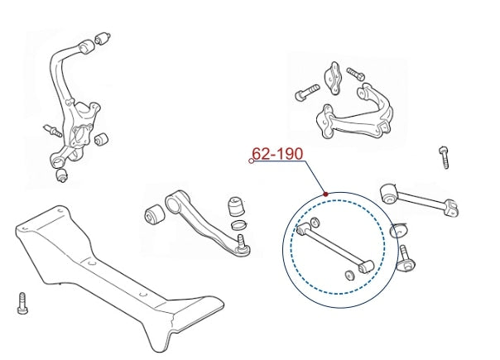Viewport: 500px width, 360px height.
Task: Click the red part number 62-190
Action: click(277, 154)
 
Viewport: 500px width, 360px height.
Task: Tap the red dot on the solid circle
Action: click(325, 194)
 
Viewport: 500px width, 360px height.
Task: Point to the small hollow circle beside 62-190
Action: click(252, 161)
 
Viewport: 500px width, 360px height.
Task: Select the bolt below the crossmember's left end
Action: click(22, 303)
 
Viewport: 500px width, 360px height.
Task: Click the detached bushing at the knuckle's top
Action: click(103, 38)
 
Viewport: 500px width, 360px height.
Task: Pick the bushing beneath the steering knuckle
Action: click(61, 175)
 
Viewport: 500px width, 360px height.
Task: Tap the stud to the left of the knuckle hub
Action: click(52, 131)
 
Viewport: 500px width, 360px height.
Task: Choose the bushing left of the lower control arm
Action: click(155, 214)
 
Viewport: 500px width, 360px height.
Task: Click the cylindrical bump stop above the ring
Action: click(236, 207)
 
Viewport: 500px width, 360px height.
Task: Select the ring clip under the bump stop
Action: click(239, 225)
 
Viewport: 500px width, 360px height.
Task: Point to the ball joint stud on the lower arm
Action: click(242, 244)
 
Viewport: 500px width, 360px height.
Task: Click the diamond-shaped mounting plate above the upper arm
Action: click(334, 78)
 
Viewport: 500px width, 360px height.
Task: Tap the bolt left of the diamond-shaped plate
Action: click(307, 93)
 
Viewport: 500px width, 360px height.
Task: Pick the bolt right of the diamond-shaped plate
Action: click(356, 74)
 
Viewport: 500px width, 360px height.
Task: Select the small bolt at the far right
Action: click(445, 157)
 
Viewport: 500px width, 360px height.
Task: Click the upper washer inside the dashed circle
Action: click(315, 222)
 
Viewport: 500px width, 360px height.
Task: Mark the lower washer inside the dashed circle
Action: click(349, 276)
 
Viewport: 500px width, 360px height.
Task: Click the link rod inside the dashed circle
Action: click(335, 248)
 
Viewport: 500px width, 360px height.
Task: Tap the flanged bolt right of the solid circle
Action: click(406, 258)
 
